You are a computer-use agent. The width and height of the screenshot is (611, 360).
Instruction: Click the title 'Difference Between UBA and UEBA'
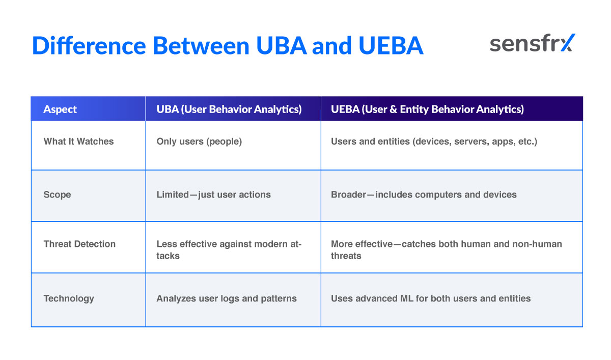(227, 45)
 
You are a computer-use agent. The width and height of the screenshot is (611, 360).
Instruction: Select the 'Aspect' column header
(60, 109)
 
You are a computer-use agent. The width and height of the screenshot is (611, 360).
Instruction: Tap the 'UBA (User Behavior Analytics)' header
(229, 109)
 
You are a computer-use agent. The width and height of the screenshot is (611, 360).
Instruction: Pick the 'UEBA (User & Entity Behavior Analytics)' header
(427, 109)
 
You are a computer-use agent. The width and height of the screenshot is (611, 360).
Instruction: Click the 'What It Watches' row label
(78, 142)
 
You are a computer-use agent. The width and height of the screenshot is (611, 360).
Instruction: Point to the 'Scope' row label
(57, 195)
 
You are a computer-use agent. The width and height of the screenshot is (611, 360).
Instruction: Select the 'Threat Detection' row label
(79, 244)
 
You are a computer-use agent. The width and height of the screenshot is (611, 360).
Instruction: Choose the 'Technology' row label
(69, 298)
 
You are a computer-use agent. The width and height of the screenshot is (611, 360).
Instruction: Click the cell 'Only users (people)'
(199, 142)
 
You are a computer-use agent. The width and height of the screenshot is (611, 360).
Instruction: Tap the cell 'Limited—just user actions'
(213, 195)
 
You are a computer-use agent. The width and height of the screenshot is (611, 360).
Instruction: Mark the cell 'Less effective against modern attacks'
(229, 250)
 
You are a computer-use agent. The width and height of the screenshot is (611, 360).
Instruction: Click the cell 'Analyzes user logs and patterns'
(226, 298)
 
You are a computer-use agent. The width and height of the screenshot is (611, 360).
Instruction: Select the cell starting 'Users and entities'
(434, 142)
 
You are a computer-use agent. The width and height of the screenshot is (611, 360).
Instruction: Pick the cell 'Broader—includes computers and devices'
(424, 195)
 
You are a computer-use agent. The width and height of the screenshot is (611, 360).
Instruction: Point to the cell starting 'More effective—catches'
(446, 250)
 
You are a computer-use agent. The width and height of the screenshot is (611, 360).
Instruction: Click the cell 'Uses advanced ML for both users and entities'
(430, 298)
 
